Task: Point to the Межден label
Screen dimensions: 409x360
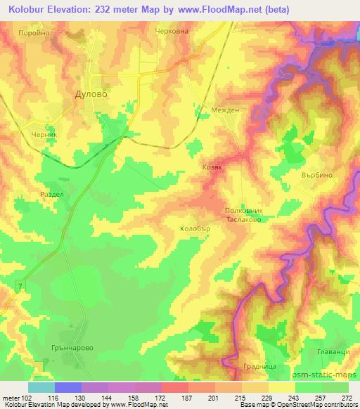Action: [226, 110]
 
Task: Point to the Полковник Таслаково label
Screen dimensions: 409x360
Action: [243, 214]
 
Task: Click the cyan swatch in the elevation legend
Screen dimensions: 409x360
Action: [41, 387]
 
